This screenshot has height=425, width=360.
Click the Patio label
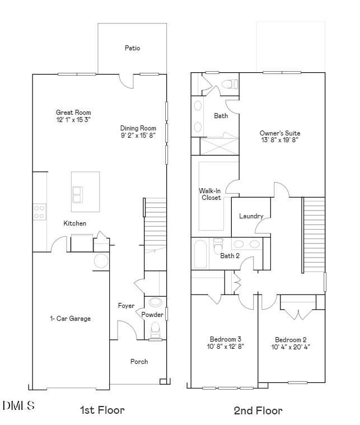(x=132, y=48)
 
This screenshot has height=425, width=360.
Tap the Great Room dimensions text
(x=73, y=120)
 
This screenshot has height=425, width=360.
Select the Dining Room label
(x=138, y=128)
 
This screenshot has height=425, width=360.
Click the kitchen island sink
(x=78, y=194)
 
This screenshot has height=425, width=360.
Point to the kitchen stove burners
(x=40, y=211)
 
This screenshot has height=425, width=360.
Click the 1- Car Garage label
(x=70, y=319)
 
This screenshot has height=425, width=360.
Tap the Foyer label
(x=126, y=306)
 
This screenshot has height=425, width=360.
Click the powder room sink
(x=155, y=302)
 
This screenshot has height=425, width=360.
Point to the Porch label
(x=139, y=362)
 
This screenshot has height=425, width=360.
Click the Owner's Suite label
(x=280, y=133)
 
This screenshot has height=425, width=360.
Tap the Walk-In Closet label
(x=211, y=194)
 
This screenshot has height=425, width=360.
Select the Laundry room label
(x=251, y=216)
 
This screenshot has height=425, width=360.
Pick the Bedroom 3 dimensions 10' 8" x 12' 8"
(x=226, y=347)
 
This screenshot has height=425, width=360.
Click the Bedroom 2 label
(x=291, y=339)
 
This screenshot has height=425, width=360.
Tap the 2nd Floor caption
(x=258, y=410)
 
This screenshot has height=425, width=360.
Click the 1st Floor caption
(x=102, y=410)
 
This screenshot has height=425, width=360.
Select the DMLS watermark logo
(x=18, y=405)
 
